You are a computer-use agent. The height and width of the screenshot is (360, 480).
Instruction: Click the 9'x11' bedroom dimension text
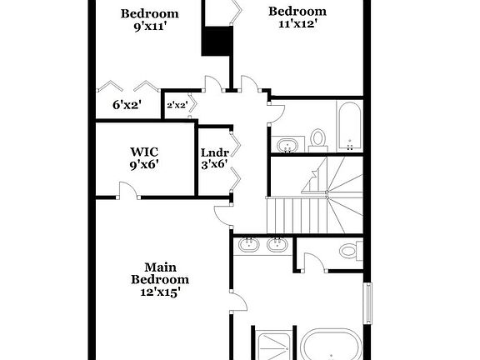point(149,27)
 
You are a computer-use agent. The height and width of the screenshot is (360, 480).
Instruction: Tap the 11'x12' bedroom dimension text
point(297,24)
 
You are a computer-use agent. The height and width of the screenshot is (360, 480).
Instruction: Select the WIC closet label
point(144,152)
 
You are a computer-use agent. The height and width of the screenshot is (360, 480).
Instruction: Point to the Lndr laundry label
point(214,152)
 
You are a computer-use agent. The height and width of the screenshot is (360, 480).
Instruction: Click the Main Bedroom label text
point(159,273)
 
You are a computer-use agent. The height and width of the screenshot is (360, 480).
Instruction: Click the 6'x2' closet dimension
point(127,105)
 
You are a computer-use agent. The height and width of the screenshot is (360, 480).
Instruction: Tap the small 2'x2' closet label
point(176,105)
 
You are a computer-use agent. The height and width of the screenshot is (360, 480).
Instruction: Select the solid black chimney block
point(217,41)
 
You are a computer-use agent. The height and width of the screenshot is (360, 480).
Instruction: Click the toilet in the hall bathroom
point(317,137)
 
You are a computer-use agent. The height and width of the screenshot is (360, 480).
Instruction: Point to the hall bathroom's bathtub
point(349,124)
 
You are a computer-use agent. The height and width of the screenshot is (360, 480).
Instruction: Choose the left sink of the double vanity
point(248,244)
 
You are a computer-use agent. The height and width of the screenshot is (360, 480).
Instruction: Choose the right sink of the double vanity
point(277,244)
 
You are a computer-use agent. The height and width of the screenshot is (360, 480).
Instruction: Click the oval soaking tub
point(332,347)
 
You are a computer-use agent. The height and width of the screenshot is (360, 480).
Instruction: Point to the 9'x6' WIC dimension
point(144,165)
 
